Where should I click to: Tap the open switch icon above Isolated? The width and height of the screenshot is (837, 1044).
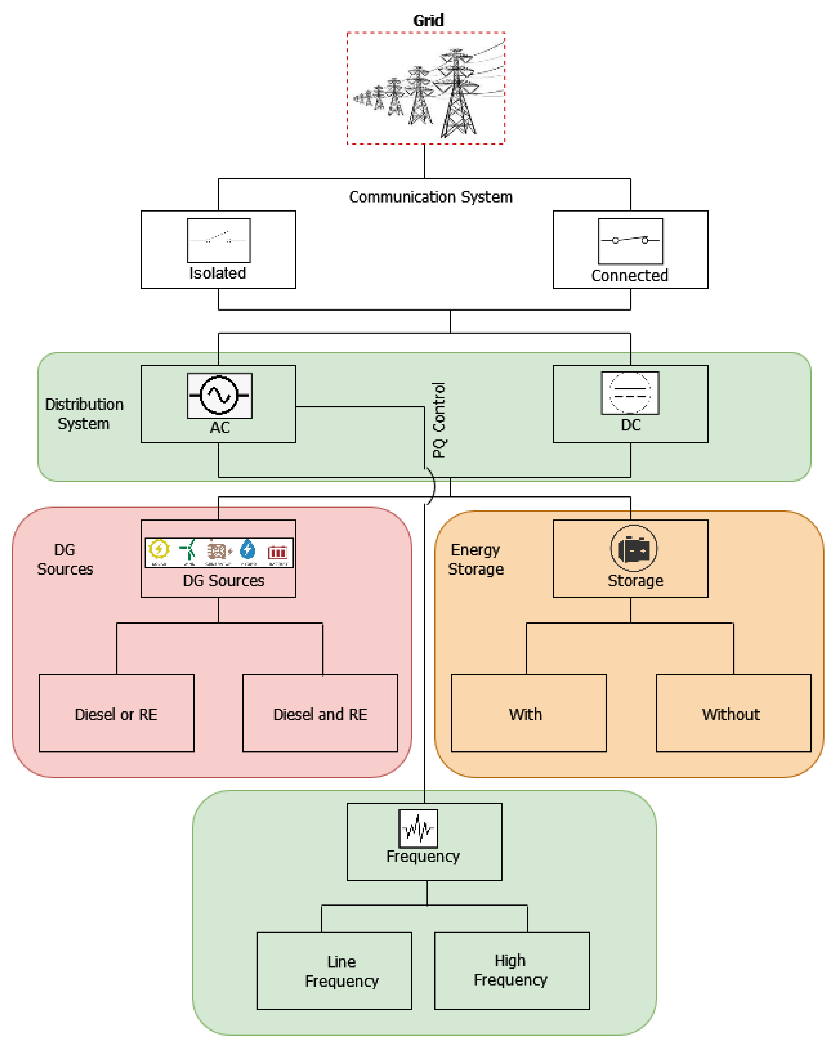point(219,240)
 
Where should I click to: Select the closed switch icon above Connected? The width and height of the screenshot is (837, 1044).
point(630,241)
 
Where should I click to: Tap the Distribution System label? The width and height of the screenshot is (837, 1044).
point(84,413)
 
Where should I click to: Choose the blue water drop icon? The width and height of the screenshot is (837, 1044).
point(248,550)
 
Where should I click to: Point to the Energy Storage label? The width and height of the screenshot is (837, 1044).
point(476,559)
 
